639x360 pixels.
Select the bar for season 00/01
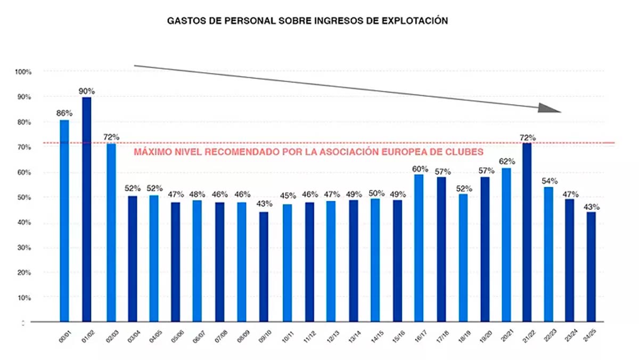64,220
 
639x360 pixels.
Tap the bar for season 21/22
527,232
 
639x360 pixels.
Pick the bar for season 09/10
263,267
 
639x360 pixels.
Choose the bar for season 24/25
591,267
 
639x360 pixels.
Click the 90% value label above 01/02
87,91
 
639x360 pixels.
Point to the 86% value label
64,113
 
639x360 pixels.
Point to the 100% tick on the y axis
23,72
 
